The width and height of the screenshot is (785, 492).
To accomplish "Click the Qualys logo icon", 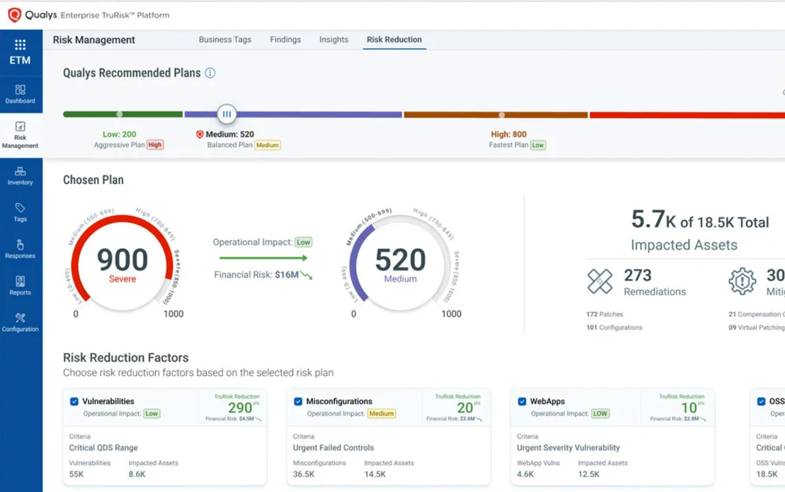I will click(x=14, y=15).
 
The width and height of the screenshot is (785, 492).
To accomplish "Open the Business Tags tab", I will click(x=225, y=40).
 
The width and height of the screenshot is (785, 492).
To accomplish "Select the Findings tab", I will click(x=285, y=40).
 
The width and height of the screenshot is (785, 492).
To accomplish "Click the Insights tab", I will click(x=334, y=40).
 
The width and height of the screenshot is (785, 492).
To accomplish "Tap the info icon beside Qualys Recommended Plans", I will click(x=210, y=73).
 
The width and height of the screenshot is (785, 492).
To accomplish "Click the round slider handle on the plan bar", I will click(x=226, y=114).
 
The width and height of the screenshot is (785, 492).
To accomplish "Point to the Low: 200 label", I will click(x=119, y=134).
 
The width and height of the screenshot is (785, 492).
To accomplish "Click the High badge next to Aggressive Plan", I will click(x=155, y=145).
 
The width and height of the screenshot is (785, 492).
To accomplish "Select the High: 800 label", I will click(x=508, y=134).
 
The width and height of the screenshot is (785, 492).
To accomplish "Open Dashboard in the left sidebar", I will click(x=20, y=94).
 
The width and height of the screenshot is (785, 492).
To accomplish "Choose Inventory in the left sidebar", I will click(x=20, y=176).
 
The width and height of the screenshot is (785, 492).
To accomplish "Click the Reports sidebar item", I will click(x=20, y=286).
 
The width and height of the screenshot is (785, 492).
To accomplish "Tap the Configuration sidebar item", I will click(x=20, y=322).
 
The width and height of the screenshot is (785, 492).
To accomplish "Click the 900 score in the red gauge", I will click(x=123, y=260).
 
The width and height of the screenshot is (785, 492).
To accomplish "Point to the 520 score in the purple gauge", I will click(x=400, y=260).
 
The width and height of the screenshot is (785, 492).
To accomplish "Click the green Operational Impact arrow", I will click(x=263, y=258).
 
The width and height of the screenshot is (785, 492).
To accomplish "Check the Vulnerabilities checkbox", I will click(x=74, y=401).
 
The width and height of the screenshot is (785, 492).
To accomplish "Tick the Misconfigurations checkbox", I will click(x=298, y=401).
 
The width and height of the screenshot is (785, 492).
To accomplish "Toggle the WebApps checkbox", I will click(x=522, y=401).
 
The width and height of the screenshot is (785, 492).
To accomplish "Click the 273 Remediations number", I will click(x=638, y=275).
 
